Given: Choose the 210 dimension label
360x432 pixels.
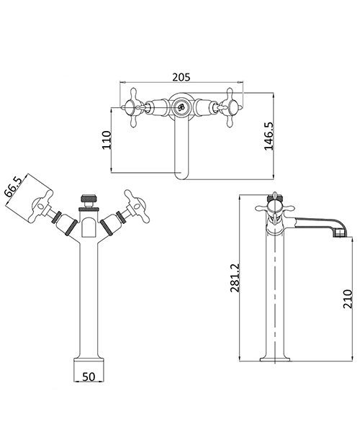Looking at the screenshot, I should (348, 296).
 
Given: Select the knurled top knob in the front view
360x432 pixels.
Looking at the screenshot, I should (88, 197).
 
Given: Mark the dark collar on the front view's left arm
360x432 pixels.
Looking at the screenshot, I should (66, 225).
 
